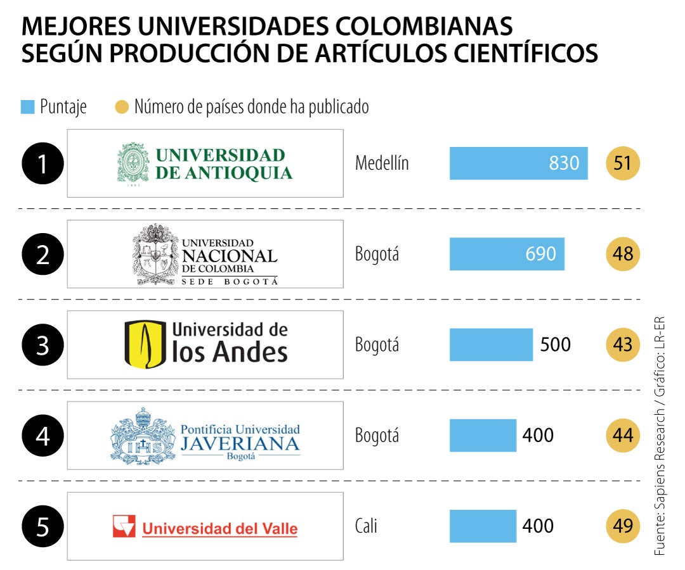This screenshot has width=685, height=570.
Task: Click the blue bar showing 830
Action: [518, 163]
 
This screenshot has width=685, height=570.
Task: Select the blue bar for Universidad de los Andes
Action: [491, 345]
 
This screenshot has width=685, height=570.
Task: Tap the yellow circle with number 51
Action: [623, 163]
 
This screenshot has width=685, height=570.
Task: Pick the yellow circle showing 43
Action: [623, 345]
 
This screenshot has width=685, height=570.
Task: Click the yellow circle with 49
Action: [623, 526]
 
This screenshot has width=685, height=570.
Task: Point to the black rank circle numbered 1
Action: [42, 164]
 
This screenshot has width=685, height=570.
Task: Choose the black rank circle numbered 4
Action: [42, 436]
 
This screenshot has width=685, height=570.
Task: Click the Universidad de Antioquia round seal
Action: [133, 163]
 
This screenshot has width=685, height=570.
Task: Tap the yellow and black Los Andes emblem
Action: [145, 345]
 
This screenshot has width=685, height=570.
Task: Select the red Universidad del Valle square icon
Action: [124, 526]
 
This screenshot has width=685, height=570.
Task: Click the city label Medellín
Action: [382, 163]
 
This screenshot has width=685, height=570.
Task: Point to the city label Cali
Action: [366, 526]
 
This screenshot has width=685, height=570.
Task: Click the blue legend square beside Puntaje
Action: [27, 107]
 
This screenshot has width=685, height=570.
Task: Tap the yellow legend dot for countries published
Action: [121, 107]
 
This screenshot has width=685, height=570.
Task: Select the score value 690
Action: [540, 254]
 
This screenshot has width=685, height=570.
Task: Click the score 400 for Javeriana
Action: [538, 435]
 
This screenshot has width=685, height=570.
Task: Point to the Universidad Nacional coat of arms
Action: [155, 254]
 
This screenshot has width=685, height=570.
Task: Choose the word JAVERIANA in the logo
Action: [240, 443]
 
